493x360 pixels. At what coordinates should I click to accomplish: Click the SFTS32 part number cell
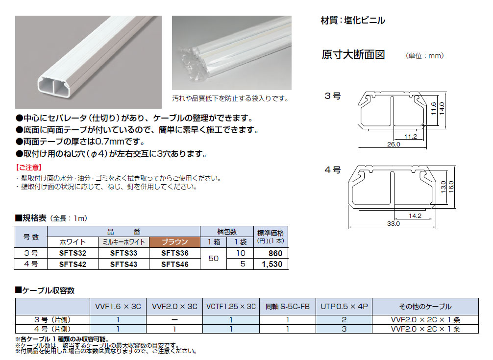tap(73, 253)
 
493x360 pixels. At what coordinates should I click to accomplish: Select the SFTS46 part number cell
tap(175, 264)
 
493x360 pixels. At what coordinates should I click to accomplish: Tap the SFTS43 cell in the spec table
tap(123, 264)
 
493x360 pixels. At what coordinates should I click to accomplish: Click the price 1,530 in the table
tap(272, 264)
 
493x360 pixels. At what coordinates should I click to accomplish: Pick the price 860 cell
tap(275, 253)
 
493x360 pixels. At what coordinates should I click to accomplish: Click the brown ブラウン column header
tap(174, 242)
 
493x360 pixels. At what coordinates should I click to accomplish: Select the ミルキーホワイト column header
tap(123, 242)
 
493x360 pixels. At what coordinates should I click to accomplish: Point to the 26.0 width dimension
tap(394, 144)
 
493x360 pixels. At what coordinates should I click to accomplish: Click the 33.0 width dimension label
tap(394, 223)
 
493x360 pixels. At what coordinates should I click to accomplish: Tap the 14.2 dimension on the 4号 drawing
tap(415, 216)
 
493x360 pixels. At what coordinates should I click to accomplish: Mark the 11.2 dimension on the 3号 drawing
tap(411, 136)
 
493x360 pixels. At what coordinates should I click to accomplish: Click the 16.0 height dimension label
tap(451, 187)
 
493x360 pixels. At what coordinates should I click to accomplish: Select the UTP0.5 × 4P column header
tap(344, 307)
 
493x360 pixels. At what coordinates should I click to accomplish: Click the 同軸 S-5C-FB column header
tap(287, 307)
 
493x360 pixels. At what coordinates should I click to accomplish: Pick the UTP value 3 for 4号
tap(344, 329)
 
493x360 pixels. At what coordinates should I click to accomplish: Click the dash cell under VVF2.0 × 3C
tap(174, 320)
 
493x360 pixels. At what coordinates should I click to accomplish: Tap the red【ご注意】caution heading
tap(28, 168)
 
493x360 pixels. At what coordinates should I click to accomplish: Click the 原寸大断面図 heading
tap(353, 55)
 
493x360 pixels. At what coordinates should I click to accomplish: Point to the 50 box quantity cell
tap(214, 259)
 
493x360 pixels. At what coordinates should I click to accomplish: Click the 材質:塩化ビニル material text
tap(353, 21)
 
